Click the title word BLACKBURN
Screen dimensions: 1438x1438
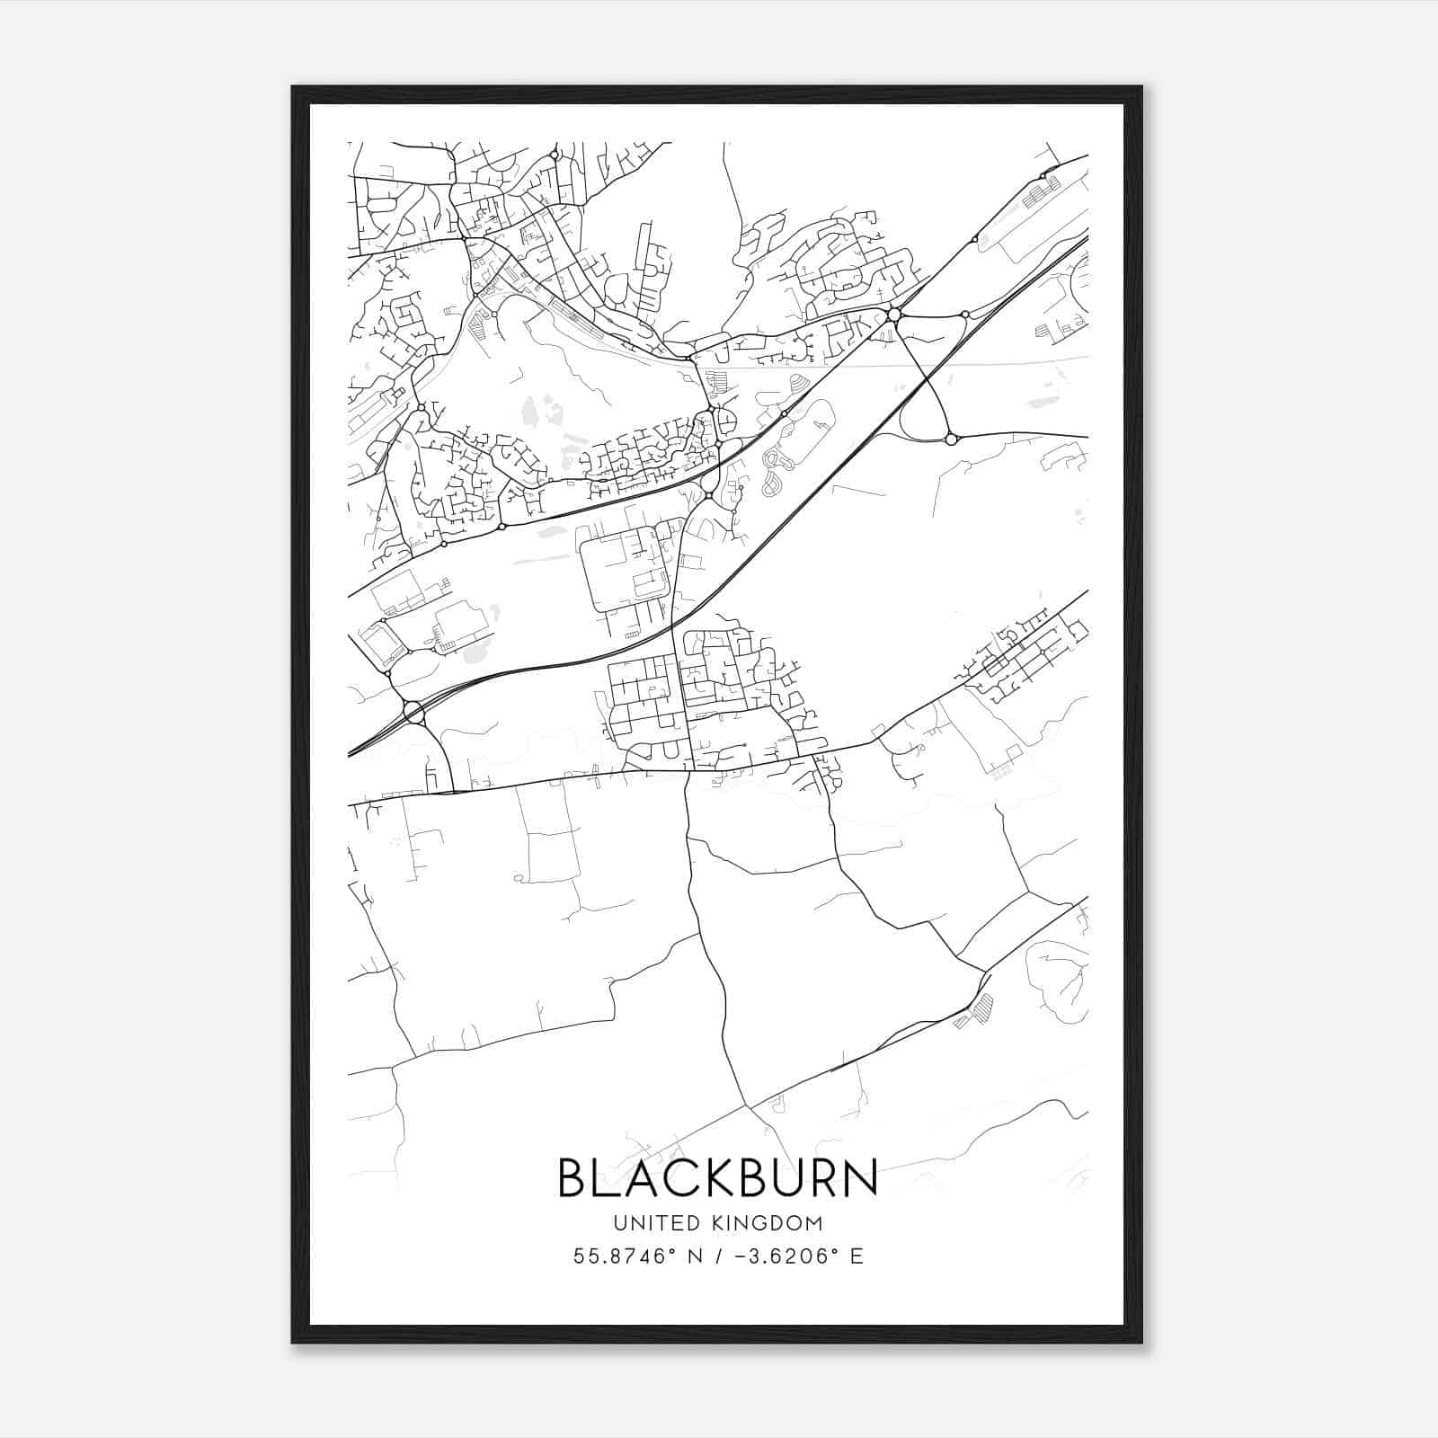[718, 1177]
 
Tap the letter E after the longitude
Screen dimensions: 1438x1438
[856, 1256]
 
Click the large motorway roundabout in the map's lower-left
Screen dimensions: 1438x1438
[413, 713]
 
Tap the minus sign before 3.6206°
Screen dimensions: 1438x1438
[742, 1256]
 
